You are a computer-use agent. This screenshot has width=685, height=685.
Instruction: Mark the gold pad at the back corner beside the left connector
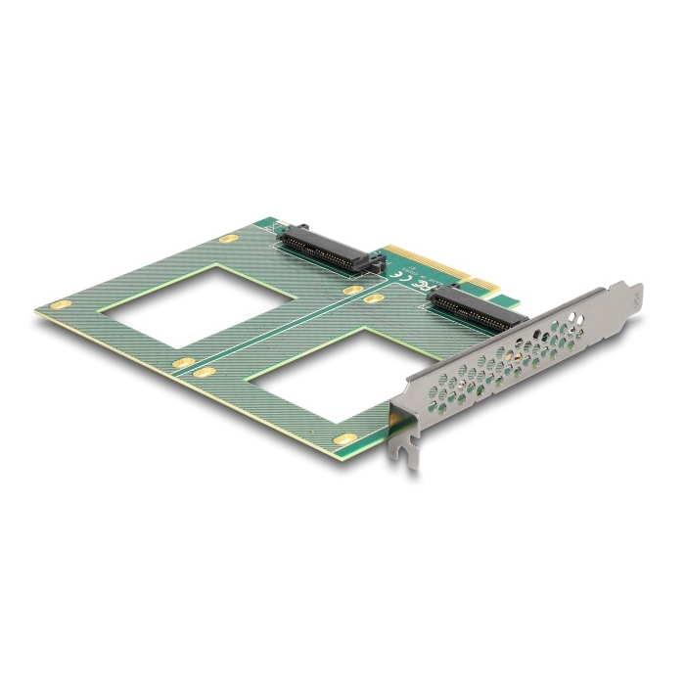pyautogui.click(x=228, y=238)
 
